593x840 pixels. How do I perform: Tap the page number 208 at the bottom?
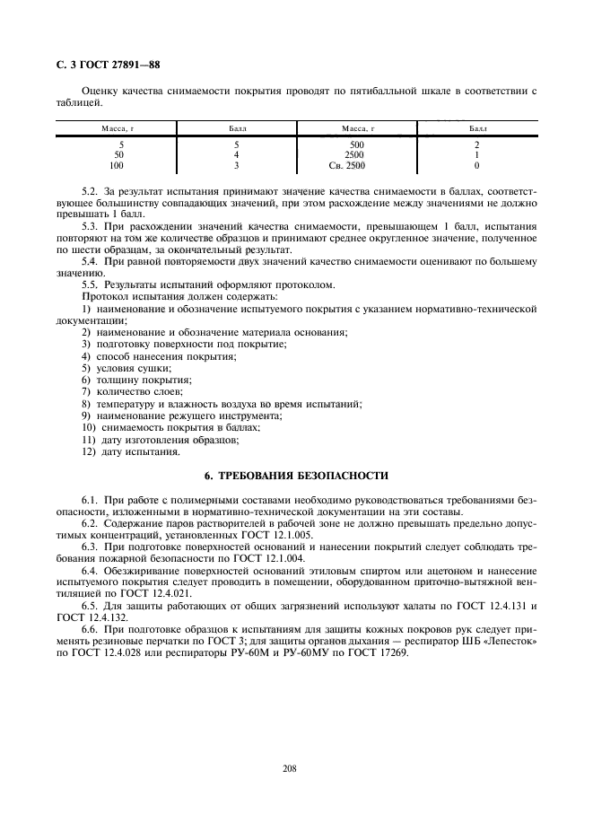click(x=289, y=768)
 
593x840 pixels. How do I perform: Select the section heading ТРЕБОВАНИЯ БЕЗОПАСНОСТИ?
click(x=295, y=475)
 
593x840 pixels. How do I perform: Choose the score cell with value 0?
click(x=476, y=166)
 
